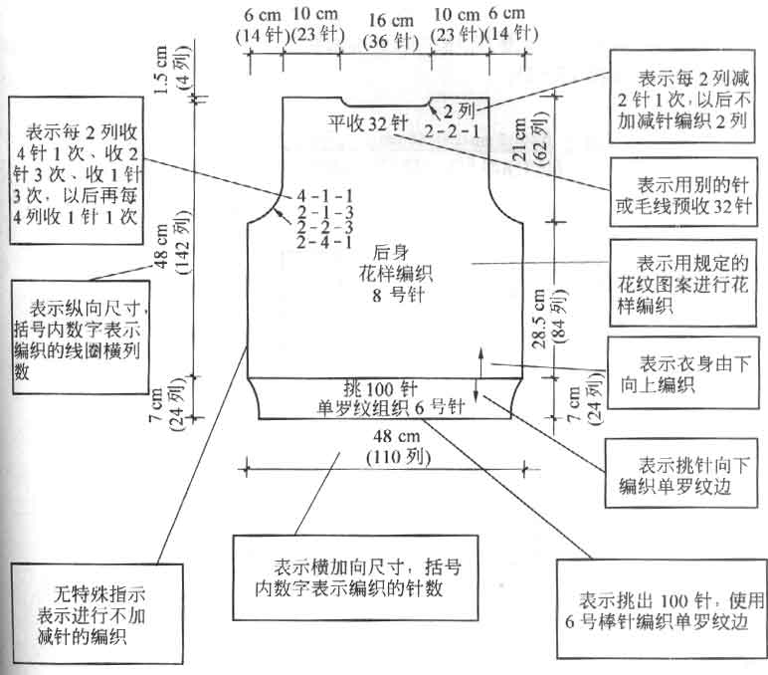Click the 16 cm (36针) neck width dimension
[390, 31]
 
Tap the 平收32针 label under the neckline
[368, 122]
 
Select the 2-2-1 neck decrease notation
[452, 131]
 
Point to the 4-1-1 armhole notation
[324, 196]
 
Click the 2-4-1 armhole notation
[324, 242]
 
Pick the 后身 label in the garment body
[391, 253]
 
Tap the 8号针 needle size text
[398, 295]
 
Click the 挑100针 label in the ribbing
[381, 389]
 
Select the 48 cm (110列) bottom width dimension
[398, 447]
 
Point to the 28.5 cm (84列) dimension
[548, 319]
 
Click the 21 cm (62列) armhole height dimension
[529, 139]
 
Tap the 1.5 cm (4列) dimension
[170, 69]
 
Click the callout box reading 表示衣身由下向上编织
[683, 373]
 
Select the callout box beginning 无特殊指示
[96, 613]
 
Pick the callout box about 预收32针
[683, 192]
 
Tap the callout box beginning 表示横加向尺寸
[355, 578]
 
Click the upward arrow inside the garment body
[480, 361]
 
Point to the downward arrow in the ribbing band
[476, 389]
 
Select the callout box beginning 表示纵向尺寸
[81, 337]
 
